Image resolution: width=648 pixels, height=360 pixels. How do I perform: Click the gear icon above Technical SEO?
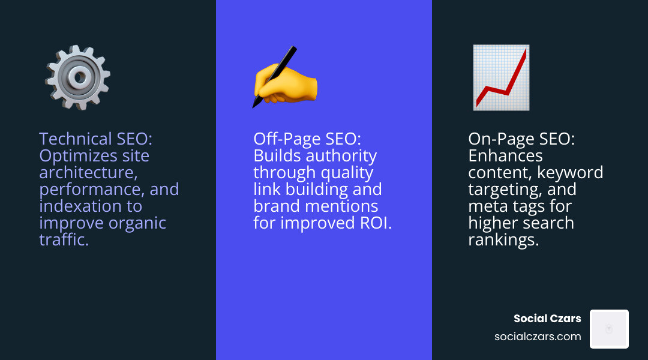click(77, 77)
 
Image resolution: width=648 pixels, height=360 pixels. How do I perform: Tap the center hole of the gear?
click(78, 76)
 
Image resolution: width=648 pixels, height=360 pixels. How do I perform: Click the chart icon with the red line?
click(501, 77)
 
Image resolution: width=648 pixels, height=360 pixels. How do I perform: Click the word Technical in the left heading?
click(75, 139)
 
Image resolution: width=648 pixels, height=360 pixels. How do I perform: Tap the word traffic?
click(64, 240)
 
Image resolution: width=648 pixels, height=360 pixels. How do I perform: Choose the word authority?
click(343, 156)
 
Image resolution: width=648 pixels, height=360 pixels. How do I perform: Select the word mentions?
click(349, 206)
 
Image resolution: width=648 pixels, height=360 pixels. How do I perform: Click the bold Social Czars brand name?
click(547, 319)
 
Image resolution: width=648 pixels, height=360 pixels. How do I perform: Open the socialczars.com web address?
click(538, 337)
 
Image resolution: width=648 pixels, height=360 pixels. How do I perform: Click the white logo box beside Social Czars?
click(609, 329)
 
